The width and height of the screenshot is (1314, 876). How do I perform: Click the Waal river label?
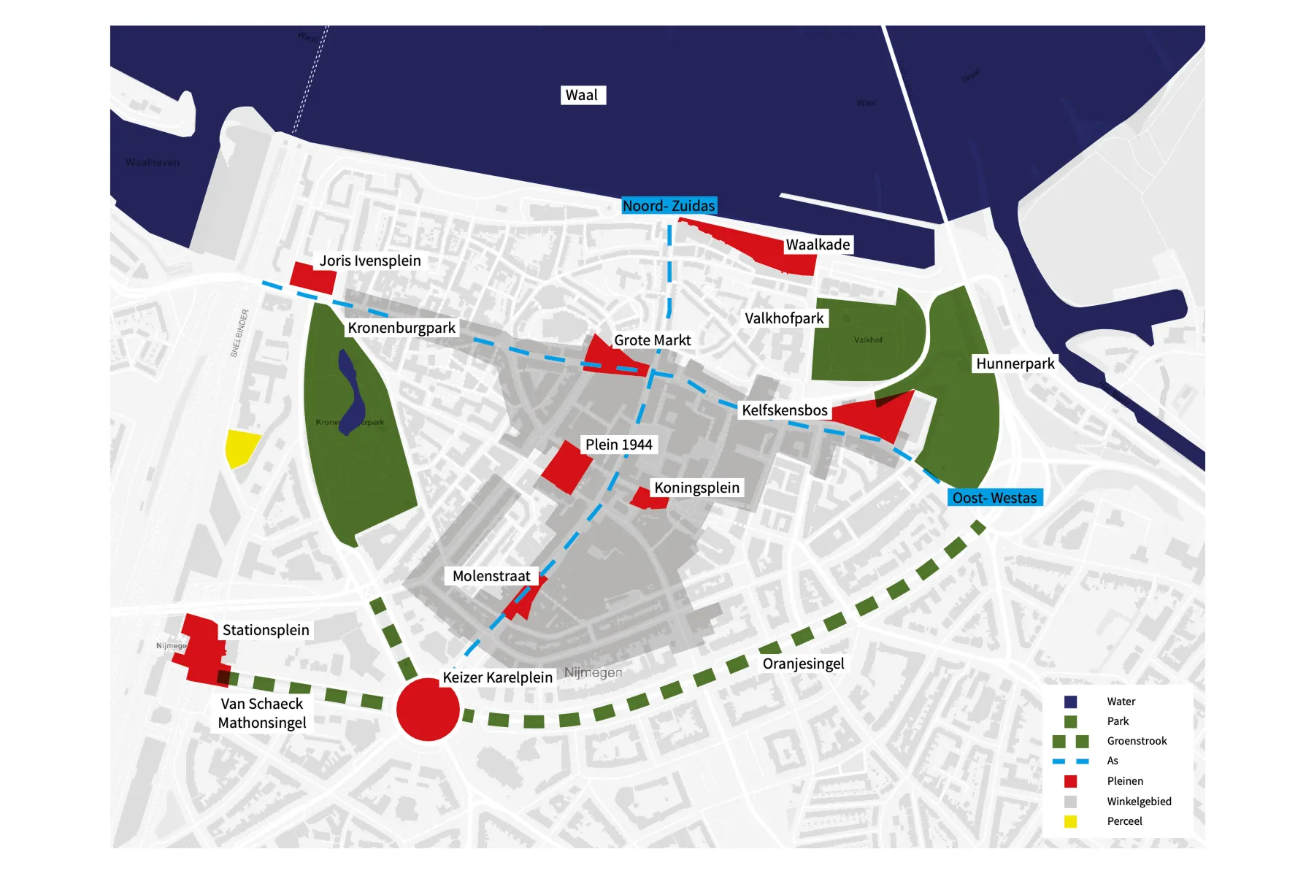coord(582,95)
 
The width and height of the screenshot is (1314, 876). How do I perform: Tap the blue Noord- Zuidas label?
coord(669,206)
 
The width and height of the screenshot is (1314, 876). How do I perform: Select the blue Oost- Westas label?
coord(994,498)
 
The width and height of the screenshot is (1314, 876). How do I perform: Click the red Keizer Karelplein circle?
coord(428,709)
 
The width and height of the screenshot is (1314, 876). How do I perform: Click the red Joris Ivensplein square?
coord(313,277)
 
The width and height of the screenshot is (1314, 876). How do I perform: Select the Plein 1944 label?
coord(618,445)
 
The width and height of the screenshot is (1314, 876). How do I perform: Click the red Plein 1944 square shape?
coord(566,468)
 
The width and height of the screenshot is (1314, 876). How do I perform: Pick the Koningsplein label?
coord(696,488)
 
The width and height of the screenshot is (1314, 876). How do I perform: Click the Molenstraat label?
coord(491,576)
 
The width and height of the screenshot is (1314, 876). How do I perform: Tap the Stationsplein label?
coord(266,630)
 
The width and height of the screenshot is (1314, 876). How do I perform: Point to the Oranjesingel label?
coord(803,664)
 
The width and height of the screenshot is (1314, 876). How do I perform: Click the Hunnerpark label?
coord(1015,364)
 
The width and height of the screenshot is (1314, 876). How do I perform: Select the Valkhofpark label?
coord(784,318)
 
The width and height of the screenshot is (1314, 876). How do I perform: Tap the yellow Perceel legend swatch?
coord(1070,821)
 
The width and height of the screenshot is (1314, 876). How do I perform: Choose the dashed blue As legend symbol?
coord(1070,761)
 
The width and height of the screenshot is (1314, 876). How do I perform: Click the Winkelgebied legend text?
coord(1139,802)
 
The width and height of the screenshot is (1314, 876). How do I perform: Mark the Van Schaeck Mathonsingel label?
coord(262,713)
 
